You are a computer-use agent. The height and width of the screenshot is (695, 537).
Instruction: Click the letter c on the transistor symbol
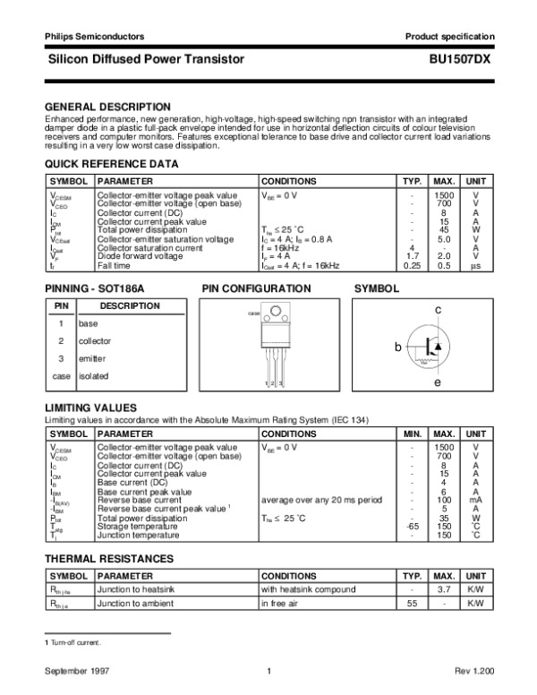(x=439, y=309)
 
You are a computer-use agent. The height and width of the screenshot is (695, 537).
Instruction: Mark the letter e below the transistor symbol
(x=439, y=382)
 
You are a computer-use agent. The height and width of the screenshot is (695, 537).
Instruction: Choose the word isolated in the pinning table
(x=94, y=376)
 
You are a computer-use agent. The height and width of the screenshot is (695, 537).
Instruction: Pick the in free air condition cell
(x=284, y=605)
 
